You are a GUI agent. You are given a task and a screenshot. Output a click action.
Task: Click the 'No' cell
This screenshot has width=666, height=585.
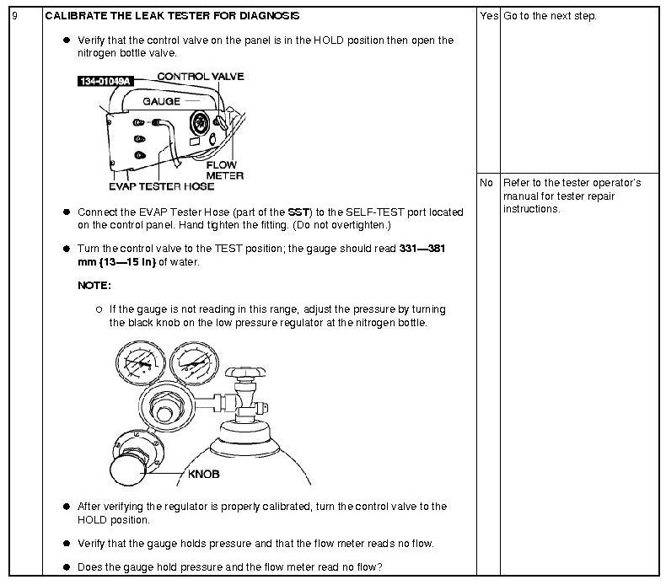pos(486,183)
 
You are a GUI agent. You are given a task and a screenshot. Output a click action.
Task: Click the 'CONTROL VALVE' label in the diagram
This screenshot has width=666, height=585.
pos(201,77)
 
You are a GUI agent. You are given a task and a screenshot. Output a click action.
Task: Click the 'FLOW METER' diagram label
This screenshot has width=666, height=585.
pos(225,170)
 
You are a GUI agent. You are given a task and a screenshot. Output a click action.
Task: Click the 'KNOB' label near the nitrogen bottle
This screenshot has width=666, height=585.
pos(203,474)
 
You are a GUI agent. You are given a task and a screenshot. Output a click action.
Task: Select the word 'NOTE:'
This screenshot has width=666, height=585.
pos(94,286)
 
